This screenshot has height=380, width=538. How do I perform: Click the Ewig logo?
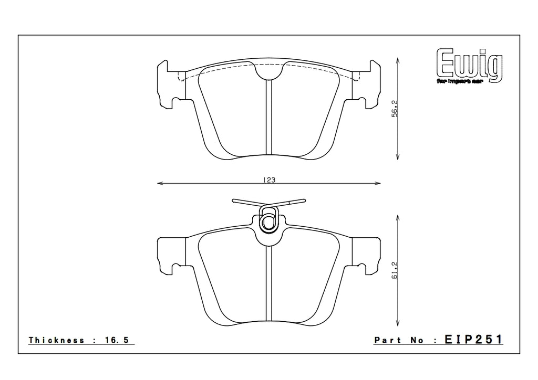[469, 64]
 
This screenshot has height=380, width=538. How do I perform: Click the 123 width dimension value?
[270, 180]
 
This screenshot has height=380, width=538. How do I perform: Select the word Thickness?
[56, 341]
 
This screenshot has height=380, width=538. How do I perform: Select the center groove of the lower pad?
[269, 283]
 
